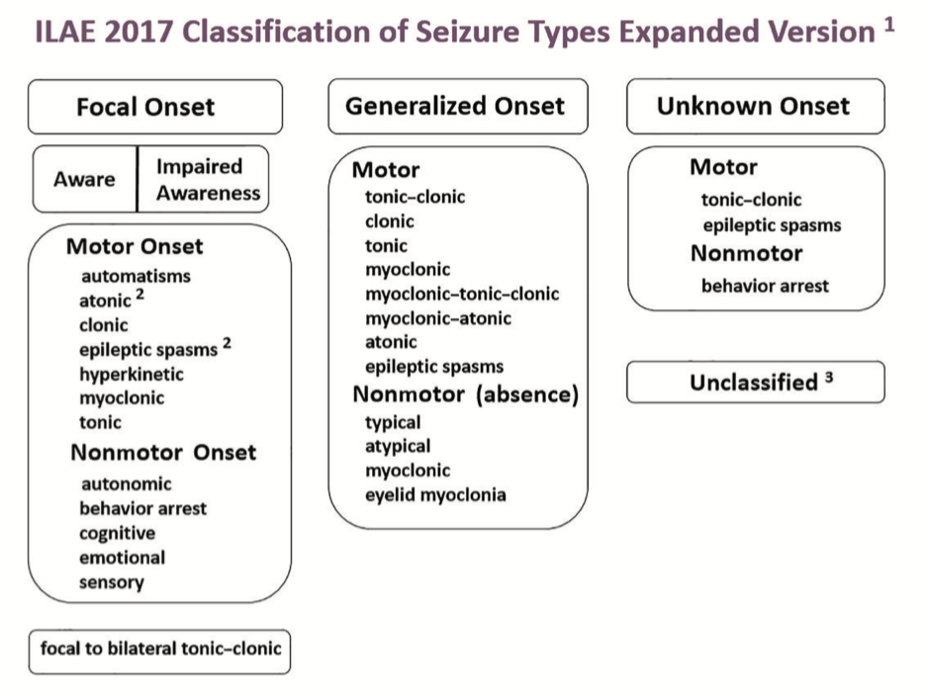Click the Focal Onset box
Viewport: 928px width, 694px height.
pos(155,107)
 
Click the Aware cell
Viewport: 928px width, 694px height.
pos(84,180)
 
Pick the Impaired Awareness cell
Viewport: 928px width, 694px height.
pos(207,179)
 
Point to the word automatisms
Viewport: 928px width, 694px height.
pos(135,276)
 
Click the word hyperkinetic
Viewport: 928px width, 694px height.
pos(132,374)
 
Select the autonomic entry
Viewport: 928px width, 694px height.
pos(126,483)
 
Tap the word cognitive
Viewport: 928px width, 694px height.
pos(118,533)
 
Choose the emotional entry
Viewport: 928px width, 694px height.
pos(123,558)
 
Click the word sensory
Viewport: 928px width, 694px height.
pos(112,581)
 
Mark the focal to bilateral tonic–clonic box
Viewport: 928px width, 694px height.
pos(160,650)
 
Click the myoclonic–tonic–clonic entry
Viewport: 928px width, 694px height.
pos(462,294)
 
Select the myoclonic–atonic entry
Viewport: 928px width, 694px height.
pos(438,318)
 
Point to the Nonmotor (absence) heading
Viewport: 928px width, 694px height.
pos(465,395)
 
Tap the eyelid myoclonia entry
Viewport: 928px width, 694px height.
pos(435,494)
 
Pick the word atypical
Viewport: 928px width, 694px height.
pos(398,446)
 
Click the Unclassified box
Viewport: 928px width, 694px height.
pos(755,383)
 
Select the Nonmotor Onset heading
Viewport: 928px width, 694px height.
pos(163,453)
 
